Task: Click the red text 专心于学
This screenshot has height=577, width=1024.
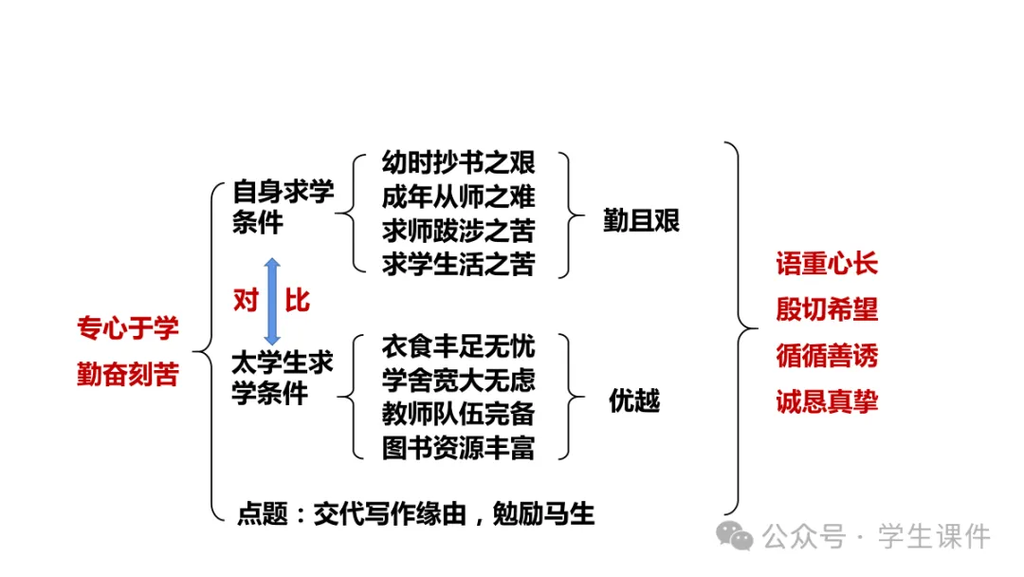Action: coord(128,328)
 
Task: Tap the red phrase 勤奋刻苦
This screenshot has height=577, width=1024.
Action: coord(128,374)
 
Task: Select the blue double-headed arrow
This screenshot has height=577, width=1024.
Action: coord(272,301)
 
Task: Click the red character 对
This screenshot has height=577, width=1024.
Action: coord(246,301)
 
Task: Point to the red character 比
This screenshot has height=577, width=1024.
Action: coord(298,301)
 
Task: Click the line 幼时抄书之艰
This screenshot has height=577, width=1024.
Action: coord(458,162)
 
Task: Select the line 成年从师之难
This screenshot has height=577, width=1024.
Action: coord(458,196)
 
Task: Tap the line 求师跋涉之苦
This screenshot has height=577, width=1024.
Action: coord(458,231)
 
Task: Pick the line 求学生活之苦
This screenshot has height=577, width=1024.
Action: coord(458,264)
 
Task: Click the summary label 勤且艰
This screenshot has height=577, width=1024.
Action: coord(642,220)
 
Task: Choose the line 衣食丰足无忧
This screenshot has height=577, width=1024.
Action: coord(458,345)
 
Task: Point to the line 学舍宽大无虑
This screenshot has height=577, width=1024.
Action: coord(458,380)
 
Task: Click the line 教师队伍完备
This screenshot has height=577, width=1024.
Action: coord(458,414)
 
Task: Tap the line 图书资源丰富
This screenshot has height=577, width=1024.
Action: coord(458,447)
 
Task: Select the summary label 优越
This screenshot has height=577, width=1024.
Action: coord(634,401)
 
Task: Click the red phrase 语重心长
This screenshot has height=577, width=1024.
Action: coord(827,264)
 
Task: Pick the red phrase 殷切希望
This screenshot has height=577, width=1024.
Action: coord(827,309)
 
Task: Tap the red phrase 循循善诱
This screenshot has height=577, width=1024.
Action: coord(827,356)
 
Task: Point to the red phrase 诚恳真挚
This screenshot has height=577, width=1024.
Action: coord(827,401)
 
